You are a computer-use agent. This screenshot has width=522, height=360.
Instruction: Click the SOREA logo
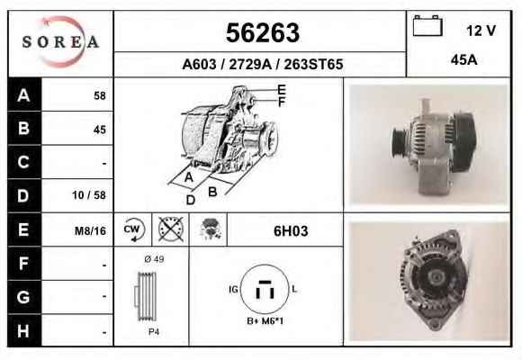tap(60, 41)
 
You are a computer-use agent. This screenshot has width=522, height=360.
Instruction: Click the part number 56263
tap(263, 32)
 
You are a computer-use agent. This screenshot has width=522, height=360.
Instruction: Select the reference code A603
tap(199, 64)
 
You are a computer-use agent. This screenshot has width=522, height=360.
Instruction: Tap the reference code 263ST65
tap(313, 64)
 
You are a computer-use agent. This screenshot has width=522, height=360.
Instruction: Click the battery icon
tap(427, 25)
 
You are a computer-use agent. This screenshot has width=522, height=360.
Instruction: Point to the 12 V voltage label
tap(481, 31)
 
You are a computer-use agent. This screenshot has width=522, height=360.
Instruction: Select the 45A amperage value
tap(464, 60)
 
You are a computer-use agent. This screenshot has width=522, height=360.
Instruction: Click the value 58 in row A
tap(100, 95)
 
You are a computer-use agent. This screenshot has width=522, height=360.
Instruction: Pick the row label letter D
tap(23, 195)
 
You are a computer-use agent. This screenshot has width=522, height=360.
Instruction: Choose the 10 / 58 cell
tap(89, 194)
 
